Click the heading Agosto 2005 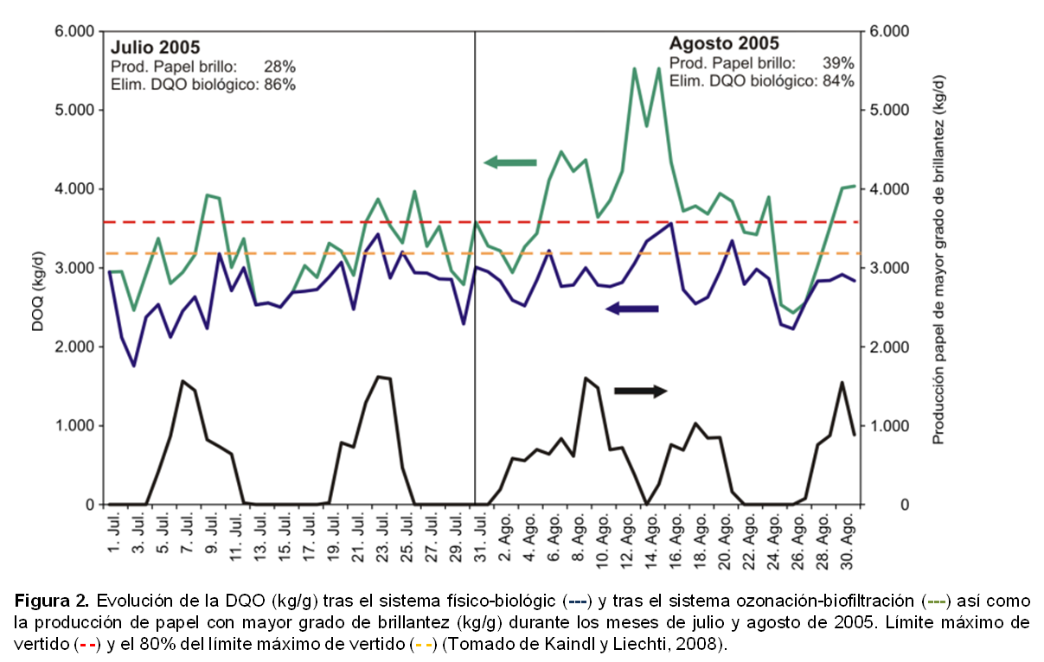tap(723, 43)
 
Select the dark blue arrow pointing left tap(631, 309)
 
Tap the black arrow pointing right tap(640, 391)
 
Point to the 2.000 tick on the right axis tap(888, 347)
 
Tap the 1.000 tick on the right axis tap(888, 426)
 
